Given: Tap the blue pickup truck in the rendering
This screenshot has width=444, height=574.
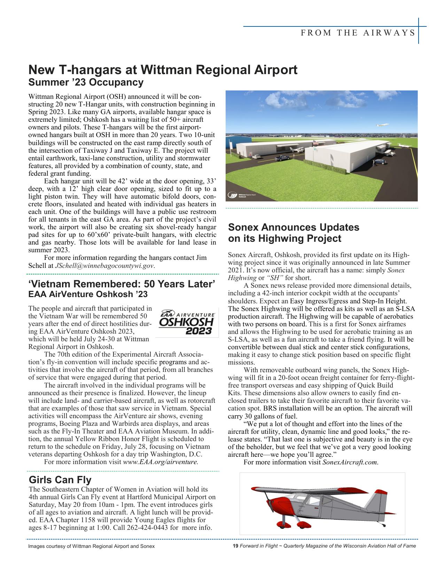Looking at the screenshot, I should pyautogui.click(x=282, y=158).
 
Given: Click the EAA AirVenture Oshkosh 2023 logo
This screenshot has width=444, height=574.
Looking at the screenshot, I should pyautogui.click(x=187, y=322).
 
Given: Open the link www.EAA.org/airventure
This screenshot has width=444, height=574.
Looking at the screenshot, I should pyautogui.click(x=161, y=462).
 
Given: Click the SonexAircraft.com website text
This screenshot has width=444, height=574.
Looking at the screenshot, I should pyautogui.click(x=350, y=462).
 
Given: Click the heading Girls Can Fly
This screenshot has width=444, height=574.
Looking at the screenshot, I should pyautogui.click(x=60, y=480).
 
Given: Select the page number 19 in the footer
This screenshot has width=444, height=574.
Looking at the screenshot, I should pyautogui.click(x=235, y=546).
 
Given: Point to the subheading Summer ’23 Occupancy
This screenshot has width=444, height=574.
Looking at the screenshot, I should pyautogui.click(x=86, y=82).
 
